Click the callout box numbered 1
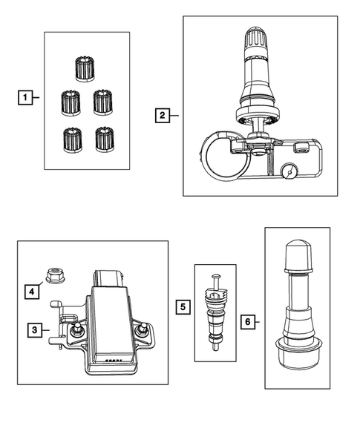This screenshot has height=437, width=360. point(25,97)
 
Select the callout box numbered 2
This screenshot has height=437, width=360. point(163,115)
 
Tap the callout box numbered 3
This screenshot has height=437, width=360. point(35,330)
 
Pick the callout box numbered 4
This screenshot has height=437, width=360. point(31,292)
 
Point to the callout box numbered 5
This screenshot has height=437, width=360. point(183,307)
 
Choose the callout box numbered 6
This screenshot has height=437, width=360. point(248,321)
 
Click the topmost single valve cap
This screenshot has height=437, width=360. point(85,69)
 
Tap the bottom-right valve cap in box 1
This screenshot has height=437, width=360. point(105,139)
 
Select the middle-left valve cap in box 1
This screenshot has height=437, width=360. point(71,103)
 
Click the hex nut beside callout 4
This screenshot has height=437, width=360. point(55,275)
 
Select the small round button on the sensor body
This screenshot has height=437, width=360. point(289,172)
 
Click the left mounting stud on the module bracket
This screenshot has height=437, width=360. point(75,329)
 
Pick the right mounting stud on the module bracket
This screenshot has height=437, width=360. point(141,329)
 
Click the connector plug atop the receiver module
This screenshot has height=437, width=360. point(108,278)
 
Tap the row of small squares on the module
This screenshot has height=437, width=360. point(114,361)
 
